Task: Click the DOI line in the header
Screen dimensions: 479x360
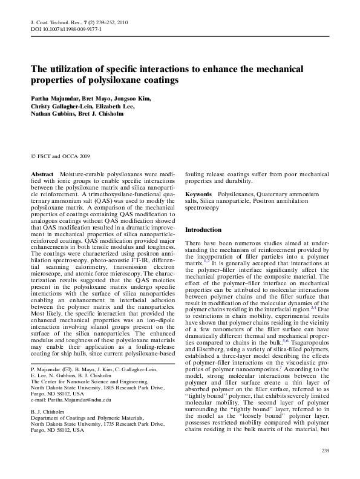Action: point(66,28)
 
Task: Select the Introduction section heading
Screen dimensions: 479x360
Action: point(203,230)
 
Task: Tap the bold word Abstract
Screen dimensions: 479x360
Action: point(42,174)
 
